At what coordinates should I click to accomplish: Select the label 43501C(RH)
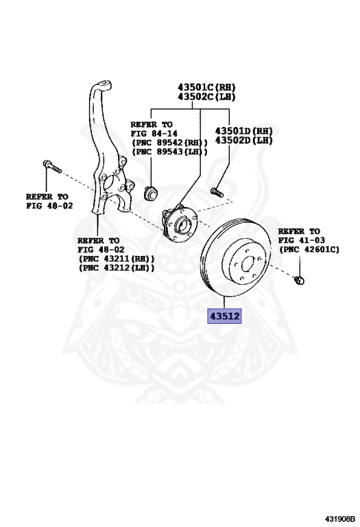[x=206, y=87]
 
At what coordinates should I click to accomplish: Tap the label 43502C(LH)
[x=206, y=97]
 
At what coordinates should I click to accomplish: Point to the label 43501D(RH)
[x=244, y=130]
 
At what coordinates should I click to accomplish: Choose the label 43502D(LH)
[x=244, y=140]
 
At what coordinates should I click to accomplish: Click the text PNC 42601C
[x=309, y=250]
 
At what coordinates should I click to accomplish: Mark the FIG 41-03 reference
[x=299, y=241]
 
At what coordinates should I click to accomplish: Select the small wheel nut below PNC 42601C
[x=299, y=280]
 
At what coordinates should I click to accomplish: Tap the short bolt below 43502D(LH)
[x=215, y=191]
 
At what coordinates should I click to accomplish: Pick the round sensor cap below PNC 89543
[x=152, y=191]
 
